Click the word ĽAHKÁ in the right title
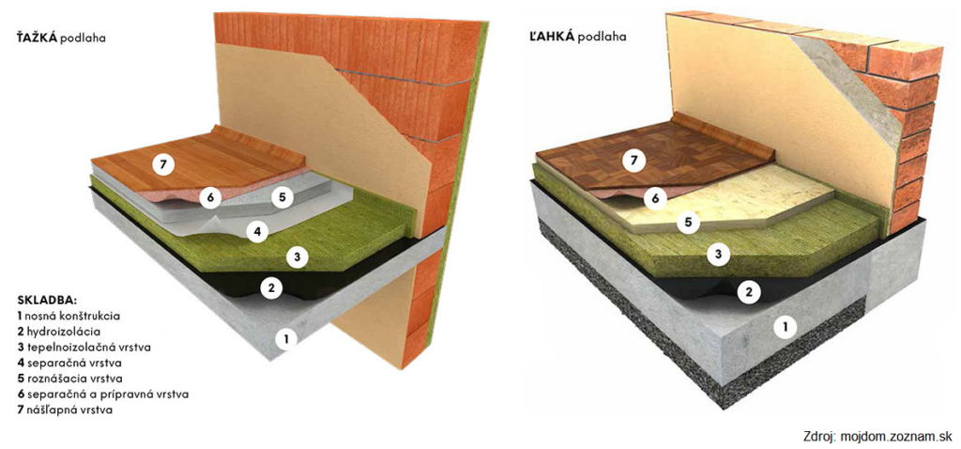(548, 37)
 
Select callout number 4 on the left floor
(258, 231)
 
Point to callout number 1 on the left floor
(286, 338)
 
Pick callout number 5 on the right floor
(688, 224)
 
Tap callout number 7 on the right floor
(633, 162)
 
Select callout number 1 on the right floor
(782, 327)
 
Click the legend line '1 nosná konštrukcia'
(68, 317)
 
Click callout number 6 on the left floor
(209, 197)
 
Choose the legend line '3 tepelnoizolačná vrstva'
(84, 348)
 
